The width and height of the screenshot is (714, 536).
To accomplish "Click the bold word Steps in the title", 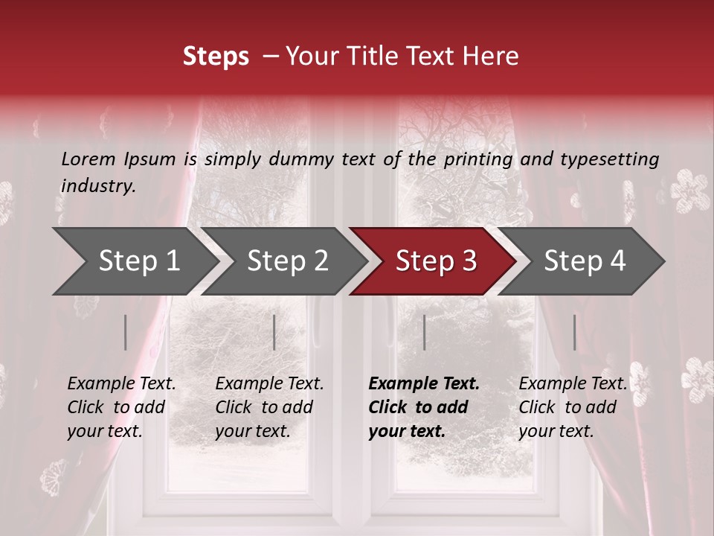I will coord(216,57).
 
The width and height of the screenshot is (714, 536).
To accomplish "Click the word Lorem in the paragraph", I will coord(88,159).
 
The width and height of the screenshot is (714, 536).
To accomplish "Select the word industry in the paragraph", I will coord(98,186).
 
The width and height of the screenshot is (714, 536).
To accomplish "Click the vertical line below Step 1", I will coord(125,332).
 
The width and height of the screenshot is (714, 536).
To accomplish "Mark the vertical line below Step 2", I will coord(274,332).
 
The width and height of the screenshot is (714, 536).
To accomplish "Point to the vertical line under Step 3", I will coord(424,332).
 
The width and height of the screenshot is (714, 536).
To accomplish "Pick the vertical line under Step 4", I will coord(574,332).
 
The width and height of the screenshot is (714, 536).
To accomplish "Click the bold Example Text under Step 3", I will coord(424,384).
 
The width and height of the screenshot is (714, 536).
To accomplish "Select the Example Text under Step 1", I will coord(121,384).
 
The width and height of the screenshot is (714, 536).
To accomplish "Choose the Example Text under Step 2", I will coord(269,384).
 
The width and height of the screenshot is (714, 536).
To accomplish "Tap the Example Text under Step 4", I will coord(573,384).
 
